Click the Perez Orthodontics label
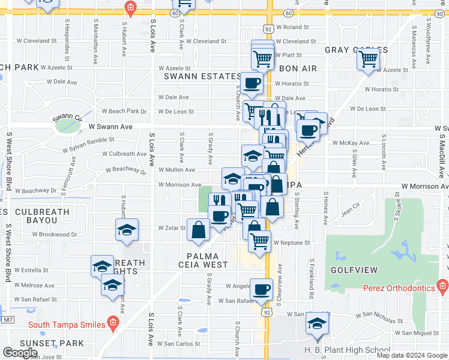click(399, 288)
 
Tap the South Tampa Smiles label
click(67, 325)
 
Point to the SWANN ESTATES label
click(203, 77)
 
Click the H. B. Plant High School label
click(339, 350)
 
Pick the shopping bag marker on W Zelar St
click(198, 230)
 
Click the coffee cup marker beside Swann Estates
click(252, 83)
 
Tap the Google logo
click(20, 353)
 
